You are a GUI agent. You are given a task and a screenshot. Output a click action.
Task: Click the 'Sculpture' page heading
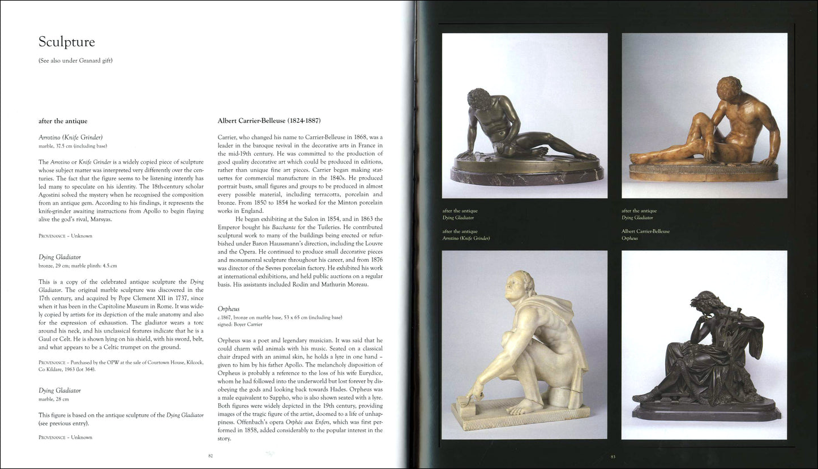point(66,42)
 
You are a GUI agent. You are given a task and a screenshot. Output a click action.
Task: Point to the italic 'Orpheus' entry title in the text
point(229,309)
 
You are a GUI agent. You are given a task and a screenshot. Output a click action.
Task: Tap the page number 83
point(613,457)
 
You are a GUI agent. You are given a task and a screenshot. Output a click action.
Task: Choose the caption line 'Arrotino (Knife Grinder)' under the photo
point(466,238)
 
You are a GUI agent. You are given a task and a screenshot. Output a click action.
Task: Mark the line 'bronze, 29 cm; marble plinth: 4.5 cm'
point(78,265)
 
